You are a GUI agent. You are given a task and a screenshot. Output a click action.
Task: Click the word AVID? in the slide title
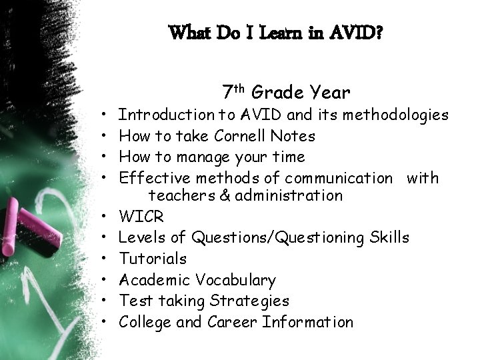357,32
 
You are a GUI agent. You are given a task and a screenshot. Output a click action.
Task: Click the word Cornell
239,136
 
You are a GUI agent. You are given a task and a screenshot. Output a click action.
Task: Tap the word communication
339,178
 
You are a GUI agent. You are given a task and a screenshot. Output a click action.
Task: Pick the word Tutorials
152,259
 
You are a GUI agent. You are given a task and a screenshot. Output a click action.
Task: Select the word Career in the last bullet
233,322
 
